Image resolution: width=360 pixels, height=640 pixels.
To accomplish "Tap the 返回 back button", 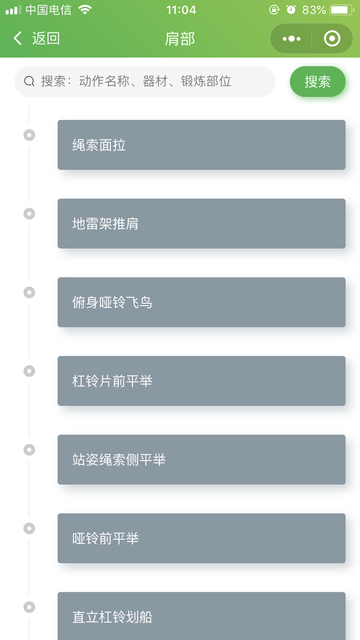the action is (x=36, y=38).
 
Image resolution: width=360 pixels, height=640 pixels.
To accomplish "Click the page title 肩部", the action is (x=180, y=38).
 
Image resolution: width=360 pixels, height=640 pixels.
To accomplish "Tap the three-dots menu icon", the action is (x=291, y=38).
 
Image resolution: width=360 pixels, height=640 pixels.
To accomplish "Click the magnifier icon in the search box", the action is (x=29, y=82).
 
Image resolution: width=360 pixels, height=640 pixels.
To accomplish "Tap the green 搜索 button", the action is (x=318, y=82).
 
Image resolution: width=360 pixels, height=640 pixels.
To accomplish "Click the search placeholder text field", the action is (x=136, y=81).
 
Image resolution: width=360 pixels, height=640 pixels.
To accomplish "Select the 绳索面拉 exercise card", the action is (x=201, y=145).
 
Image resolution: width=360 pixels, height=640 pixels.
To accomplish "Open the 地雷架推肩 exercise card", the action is (x=201, y=224).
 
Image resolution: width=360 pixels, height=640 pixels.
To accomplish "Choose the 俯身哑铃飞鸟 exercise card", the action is (x=201, y=302).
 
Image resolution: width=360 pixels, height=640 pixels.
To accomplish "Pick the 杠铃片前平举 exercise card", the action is (x=201, y=381).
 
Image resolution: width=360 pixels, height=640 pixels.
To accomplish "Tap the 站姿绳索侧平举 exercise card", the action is (x=201, y=460).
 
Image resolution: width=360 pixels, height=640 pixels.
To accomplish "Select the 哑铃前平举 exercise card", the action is (x=201, y=538).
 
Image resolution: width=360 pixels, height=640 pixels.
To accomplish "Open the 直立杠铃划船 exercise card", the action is (x=201, y=616).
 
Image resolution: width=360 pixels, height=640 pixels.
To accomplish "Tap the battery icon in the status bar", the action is (x=342, y=10).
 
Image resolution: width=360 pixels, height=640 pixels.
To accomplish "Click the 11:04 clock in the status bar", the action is (x=181, y=10).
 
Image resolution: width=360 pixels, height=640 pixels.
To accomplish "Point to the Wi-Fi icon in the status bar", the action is (x=85, y=10).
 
